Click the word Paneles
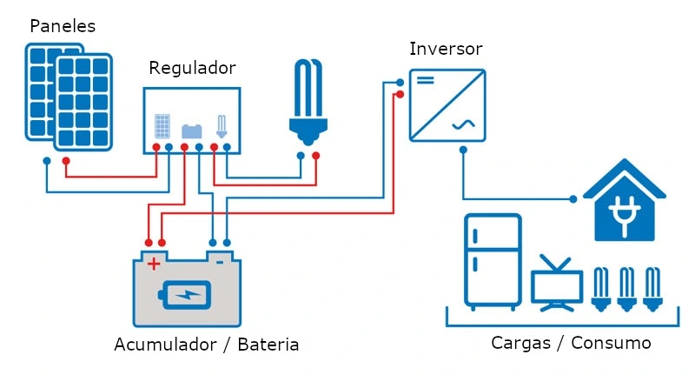(63, 26)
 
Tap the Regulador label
(192, 68)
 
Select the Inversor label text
(446, 48)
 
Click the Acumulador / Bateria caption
(207, 345)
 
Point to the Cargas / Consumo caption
(571, 343)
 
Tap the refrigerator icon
(493, 262)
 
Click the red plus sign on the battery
(154, 263)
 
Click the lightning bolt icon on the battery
(186, 294)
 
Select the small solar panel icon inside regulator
(162, 127)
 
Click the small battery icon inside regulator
(192, 131)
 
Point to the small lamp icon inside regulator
(221, 128)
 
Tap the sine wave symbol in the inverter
(461, 125)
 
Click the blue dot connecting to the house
(573, 199)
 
